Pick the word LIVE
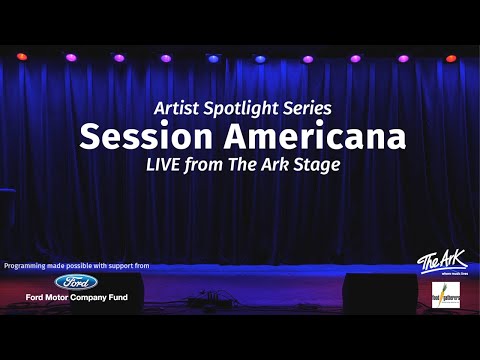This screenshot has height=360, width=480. pos(169,164)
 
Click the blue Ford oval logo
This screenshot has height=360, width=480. pos(75,282)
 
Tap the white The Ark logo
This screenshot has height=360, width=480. pos(441,260)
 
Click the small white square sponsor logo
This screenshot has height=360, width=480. pos(446,295)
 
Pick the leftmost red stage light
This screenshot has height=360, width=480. pos(22,57)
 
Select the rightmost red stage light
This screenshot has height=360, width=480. pos(451,58)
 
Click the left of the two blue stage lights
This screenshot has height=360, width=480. pos(212,58)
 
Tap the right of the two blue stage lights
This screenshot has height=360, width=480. pos(260,58)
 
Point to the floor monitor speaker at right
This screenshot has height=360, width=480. pos(378,292)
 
